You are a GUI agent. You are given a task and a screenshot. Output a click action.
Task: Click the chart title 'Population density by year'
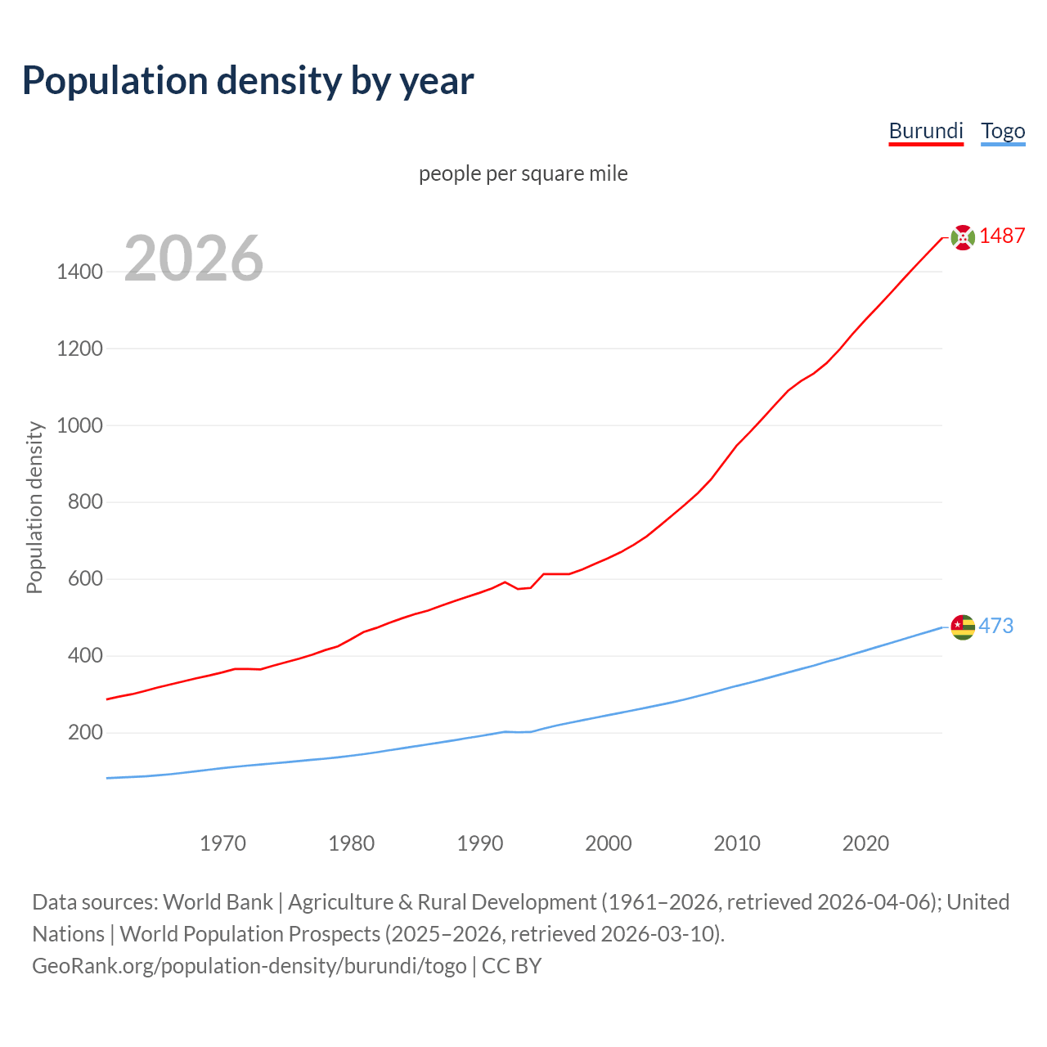248,80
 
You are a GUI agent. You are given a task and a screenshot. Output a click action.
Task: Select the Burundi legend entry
926,131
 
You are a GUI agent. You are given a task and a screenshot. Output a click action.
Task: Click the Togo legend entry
1003,131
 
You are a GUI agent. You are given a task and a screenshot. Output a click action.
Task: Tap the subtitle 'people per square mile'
523,173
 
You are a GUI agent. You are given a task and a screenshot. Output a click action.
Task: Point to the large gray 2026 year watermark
194,258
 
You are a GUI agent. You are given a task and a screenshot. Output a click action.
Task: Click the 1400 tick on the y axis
79,272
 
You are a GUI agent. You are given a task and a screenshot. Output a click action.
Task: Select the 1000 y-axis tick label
79,425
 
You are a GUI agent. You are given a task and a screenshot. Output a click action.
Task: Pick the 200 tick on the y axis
85,732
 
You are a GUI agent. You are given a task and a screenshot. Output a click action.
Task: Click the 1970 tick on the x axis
222,843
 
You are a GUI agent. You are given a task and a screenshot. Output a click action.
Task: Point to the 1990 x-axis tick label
480,843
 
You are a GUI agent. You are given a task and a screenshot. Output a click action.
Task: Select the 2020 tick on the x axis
865,843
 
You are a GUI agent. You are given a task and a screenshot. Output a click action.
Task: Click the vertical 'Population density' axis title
34,507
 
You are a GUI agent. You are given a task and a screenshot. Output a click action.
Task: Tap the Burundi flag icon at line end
963,237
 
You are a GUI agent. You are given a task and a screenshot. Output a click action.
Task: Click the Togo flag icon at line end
963,627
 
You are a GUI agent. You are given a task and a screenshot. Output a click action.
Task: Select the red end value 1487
1002,236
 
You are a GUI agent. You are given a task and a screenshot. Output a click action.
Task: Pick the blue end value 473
996,626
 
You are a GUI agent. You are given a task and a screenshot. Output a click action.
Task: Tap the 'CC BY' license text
512,965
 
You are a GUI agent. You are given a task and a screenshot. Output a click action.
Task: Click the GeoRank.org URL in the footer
249,965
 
